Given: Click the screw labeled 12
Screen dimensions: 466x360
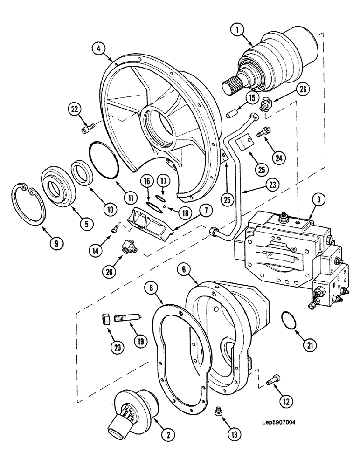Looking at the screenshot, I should click(x=273, y=382).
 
